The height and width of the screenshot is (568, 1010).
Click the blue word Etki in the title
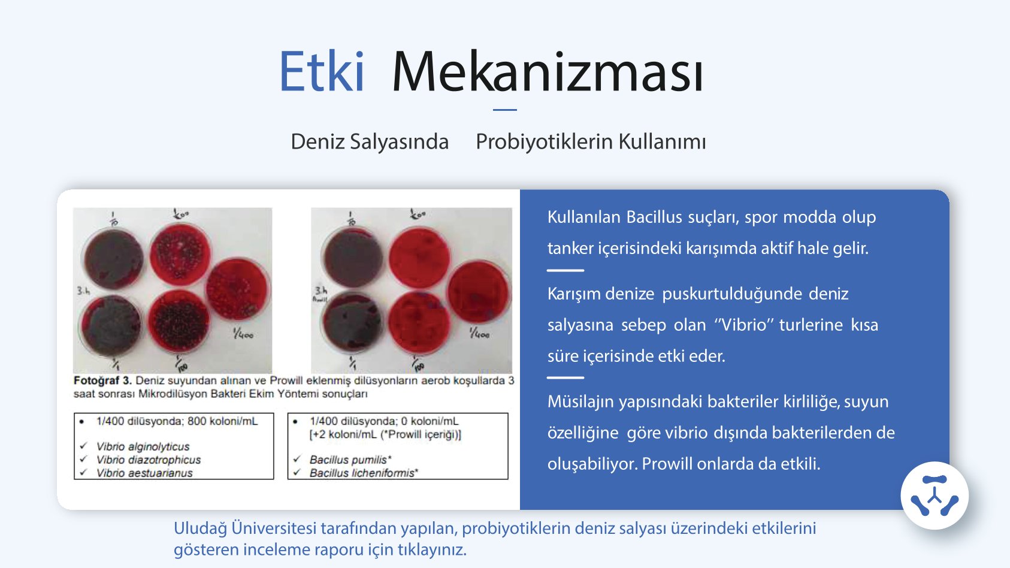pyautogui.click(x=322, y=72)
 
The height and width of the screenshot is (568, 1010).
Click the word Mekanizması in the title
pyautogui.click(x=548, y=72)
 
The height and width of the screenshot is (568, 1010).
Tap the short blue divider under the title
pyautogui.click(x=504, y=110)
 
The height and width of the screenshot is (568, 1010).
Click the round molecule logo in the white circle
pyautogui.click(x=934, y=496)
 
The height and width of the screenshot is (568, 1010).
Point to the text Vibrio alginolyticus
pyautogui.click(x=143, y=446)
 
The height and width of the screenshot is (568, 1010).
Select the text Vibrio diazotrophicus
pyautogui.click(x=149, y=460)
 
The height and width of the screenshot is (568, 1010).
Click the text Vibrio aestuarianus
pyautogui.click(x=144, y=473)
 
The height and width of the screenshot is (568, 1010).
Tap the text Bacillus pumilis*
pyautogui.click(x=350, y=460)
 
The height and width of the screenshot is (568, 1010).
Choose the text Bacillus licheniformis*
pyautogui.click(x=364, y=473)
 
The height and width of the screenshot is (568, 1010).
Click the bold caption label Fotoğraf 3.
pyautogui.click(x=102, y=380)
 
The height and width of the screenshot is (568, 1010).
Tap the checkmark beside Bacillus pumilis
pyautogui.click(x=297, y=459)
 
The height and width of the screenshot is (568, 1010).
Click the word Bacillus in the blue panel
pyautogui.click(x=654, y=217)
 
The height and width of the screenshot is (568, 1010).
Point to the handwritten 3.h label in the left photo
pyautogui.click(x=83, y=291)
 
